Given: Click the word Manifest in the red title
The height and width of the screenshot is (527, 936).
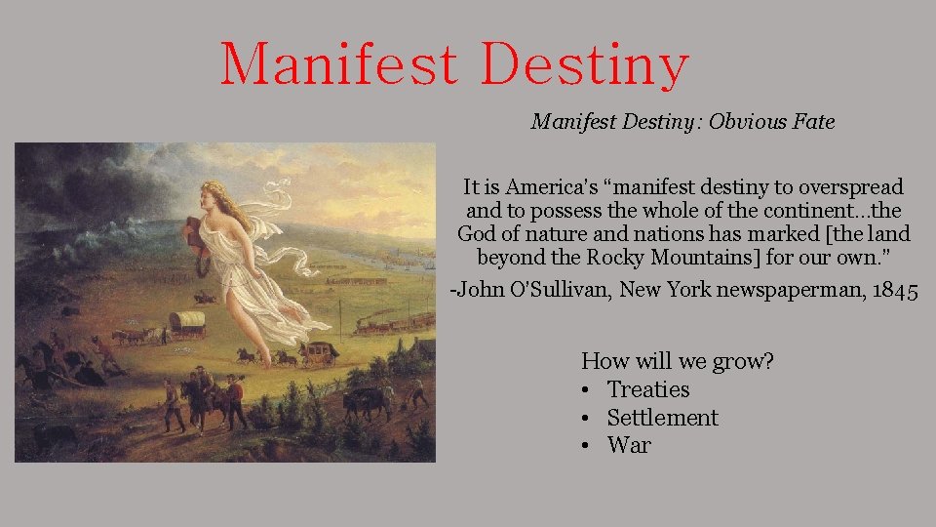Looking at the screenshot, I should (338, 64).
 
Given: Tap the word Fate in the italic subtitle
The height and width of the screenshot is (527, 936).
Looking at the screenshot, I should (812, 122).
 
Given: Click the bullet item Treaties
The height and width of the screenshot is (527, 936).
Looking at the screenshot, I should (647, 389).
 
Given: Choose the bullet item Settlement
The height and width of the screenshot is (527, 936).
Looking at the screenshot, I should (662, 418).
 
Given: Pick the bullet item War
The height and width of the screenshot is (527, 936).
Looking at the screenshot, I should (629, 446).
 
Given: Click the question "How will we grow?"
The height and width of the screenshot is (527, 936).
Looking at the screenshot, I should (678, 361).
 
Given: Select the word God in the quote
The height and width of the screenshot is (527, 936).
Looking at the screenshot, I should (478, 234).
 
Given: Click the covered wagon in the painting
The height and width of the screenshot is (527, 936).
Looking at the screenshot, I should (186, 321).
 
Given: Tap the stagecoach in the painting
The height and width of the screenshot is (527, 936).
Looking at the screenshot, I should (318, 352).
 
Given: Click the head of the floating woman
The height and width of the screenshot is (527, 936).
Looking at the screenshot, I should (218, 194).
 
